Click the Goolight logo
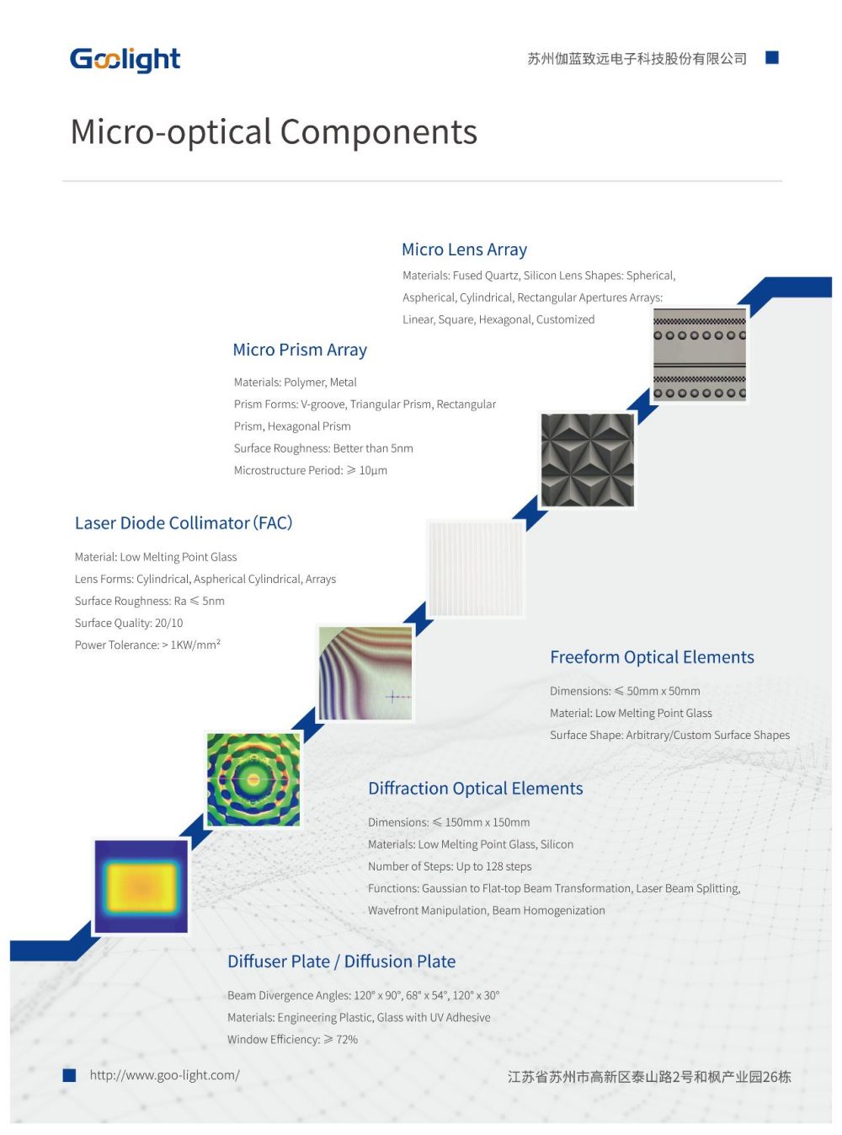click(125, 59)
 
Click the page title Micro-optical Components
click(274, 132)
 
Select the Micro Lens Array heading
click(464, 249)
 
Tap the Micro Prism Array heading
click(300, 350)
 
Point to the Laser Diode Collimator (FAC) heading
click(184, 523)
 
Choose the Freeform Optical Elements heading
click(652, 657)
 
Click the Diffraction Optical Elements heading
click(475, 789)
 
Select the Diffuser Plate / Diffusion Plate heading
click(341, 961)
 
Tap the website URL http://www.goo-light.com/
click(165, 1075)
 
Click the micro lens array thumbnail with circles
click(700, 355)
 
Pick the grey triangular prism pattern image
click(587, 460)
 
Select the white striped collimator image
click(476, 569)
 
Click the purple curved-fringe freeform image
click(365, 673)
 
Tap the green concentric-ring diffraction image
click(253, 779)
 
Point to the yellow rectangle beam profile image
click(141, 886)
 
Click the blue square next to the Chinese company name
click(772, 57)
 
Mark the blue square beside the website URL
click(69, 1075)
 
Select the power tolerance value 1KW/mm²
click(195, 645)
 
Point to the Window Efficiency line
click(292, 1040)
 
